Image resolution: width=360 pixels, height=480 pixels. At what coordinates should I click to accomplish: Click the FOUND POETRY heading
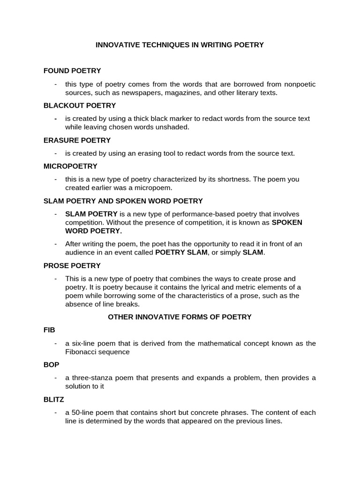72,71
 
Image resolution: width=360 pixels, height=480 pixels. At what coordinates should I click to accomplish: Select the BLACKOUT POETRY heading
80,105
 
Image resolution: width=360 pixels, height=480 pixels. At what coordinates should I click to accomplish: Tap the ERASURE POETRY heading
77,140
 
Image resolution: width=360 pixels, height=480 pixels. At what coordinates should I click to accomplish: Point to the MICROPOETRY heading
70,166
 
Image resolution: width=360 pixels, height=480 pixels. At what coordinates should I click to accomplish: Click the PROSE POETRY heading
72,266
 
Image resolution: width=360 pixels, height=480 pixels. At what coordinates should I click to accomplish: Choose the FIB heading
49,330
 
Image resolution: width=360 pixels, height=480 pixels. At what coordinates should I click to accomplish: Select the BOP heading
51,365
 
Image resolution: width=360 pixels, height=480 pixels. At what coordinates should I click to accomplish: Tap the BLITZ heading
53,399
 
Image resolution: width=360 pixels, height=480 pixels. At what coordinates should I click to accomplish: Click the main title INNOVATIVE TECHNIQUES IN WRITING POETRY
180,45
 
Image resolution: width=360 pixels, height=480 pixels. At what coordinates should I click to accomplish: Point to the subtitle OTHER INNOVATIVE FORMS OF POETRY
180,317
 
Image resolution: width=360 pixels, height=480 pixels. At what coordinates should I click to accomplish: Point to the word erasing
163,153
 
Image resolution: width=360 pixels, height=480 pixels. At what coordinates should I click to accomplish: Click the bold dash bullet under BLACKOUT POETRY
56,119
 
